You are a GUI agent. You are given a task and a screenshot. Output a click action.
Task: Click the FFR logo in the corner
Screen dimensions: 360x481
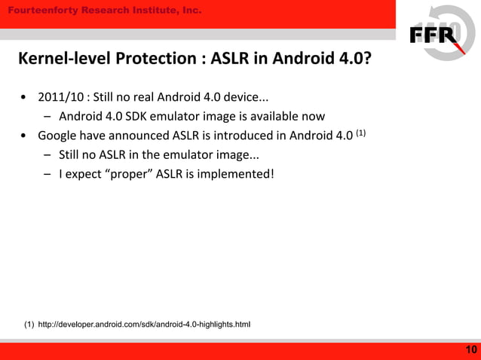point(435,35)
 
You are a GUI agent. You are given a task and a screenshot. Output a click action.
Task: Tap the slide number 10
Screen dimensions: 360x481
point(471,349)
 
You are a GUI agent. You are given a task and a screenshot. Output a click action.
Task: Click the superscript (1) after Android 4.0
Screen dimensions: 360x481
point(360,133)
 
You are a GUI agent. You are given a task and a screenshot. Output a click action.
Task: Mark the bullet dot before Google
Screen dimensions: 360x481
point(25,136)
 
